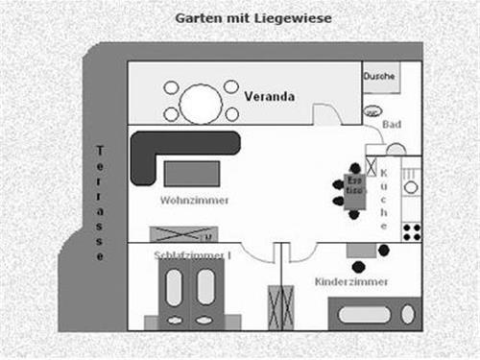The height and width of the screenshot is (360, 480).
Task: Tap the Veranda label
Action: tap(269, 97)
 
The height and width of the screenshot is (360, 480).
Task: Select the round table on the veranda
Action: tap(202, 100)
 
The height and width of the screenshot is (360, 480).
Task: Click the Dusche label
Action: tap(378, 76)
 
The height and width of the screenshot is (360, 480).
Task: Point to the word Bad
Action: tap(391, 125)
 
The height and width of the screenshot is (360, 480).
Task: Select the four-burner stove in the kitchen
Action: tap(412, 231)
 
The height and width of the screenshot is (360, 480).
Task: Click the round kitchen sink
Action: tap(396, 149)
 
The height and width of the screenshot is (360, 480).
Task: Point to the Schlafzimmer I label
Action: tap(193, 254)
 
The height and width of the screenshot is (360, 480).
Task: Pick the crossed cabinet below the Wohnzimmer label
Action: tap(182, 233)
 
